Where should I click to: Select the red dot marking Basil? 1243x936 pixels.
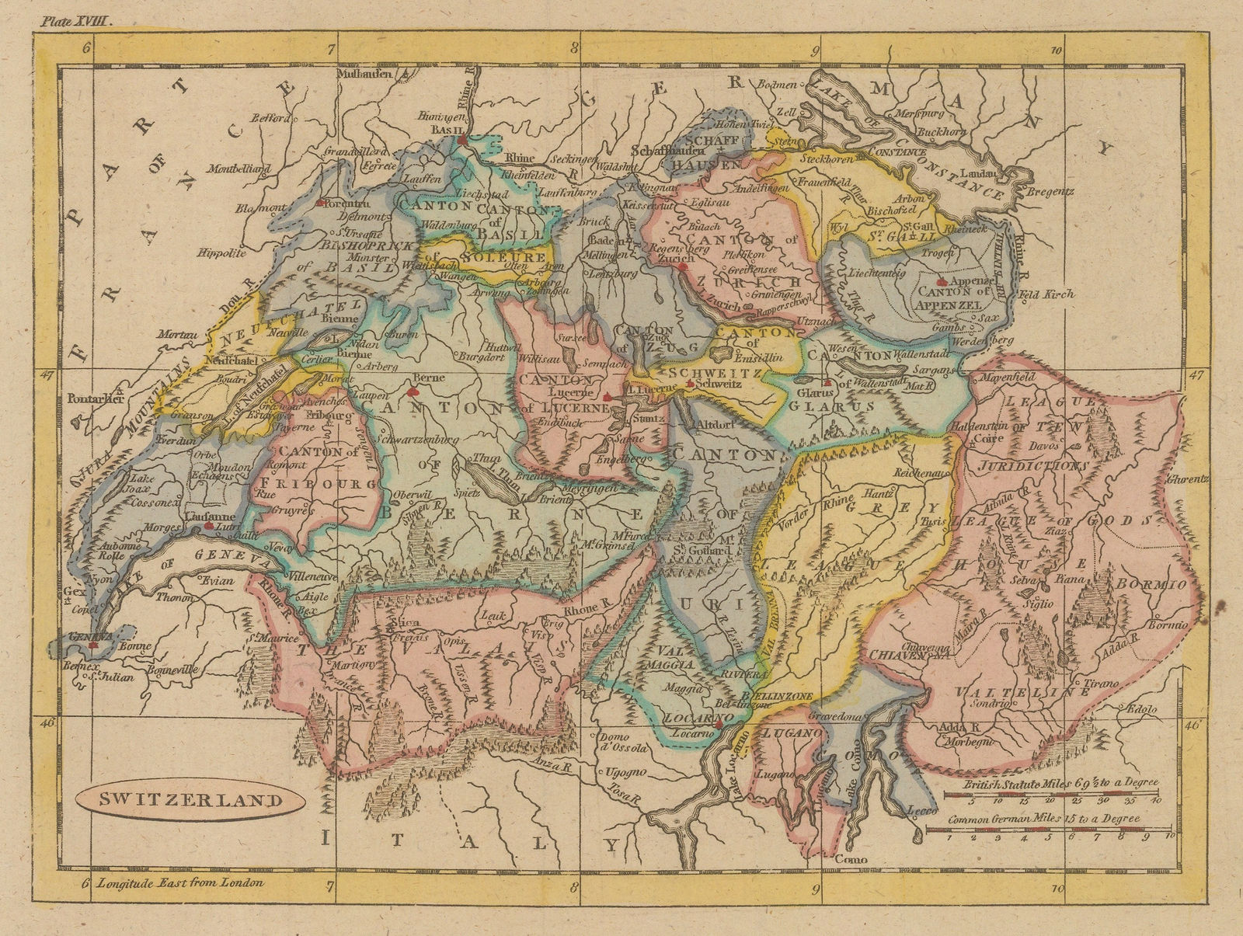461,141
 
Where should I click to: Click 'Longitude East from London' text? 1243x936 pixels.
180,882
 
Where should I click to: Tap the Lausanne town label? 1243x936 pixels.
188,516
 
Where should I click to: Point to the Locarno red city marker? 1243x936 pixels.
719,724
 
